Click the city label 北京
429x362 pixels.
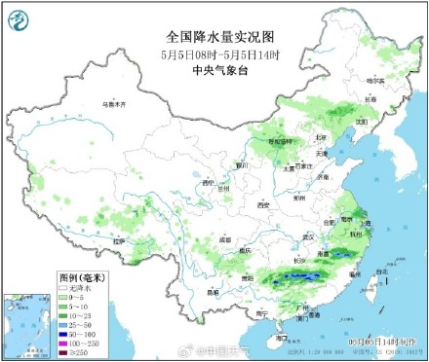point(321,138)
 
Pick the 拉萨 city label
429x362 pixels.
point(118,239)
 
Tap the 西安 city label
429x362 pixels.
point(262,205)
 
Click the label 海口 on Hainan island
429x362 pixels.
point(282,338)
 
